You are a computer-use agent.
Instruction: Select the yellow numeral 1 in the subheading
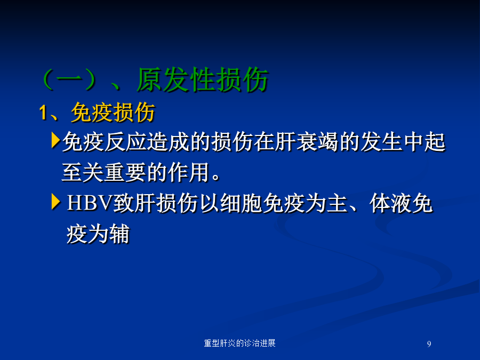43,113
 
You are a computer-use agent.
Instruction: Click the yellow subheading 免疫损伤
113,113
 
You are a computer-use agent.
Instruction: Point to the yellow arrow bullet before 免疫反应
55,140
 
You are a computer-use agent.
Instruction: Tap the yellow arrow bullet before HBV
55,202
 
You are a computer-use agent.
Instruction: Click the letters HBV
90,203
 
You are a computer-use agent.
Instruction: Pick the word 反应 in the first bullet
125,142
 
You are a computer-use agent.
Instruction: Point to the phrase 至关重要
104,172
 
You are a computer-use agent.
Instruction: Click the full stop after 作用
216,178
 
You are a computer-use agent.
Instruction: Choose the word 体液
390,203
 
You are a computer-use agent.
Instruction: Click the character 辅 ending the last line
119,234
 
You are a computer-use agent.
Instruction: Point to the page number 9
429,344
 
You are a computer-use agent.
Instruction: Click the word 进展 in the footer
268,343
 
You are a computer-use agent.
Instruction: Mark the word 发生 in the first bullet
381,142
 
